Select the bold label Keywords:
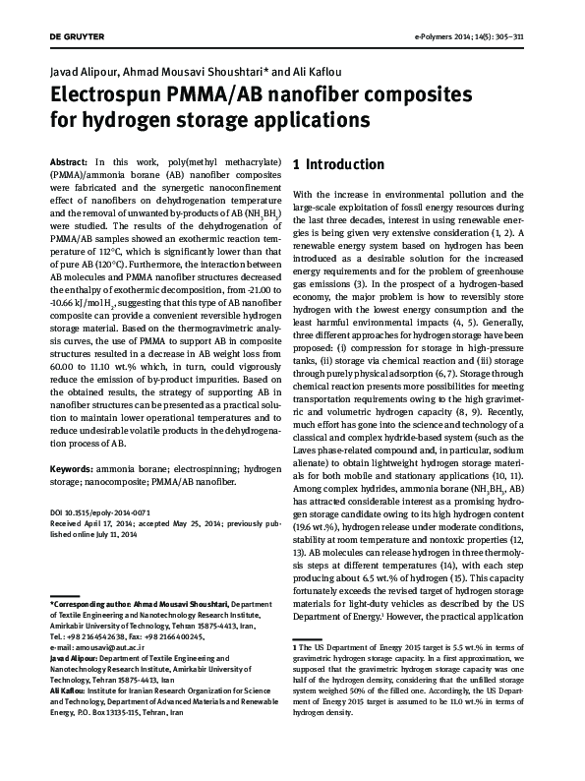click(74, 470)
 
